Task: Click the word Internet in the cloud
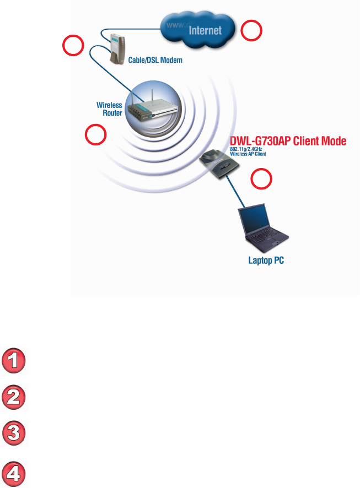pyautogui.click(x=205, y=31)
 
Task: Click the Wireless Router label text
pyautogui.click(x=109, y=109)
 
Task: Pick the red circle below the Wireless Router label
pyautogui.click(x=95, y=134)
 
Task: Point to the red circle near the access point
pyautogui.click(x=261, y=179)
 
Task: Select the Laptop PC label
pyautogui.click(x=266, y=260)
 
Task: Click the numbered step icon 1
pyautogui.click(x=14, y=361)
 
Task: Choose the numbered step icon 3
pyautogui.click(x=14, y=433)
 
